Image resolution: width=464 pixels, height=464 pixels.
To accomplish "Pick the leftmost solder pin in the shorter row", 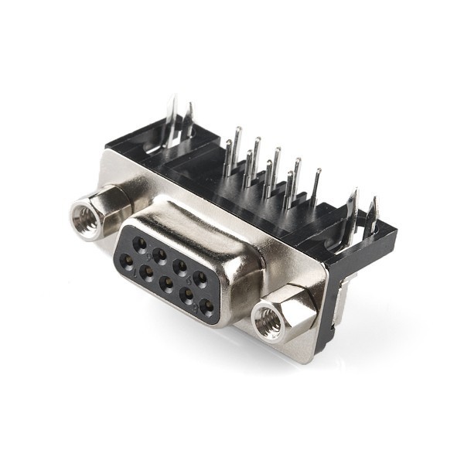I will click(229, 159).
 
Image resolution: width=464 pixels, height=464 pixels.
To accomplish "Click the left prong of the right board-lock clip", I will click(353, 209).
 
